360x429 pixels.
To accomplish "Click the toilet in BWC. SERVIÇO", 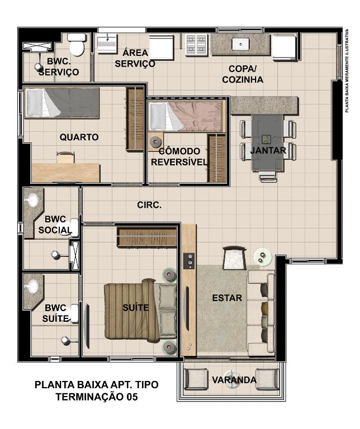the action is click(77, 44).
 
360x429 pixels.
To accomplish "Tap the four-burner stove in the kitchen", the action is click(196, 45).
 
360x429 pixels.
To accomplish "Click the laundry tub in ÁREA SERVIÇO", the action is click(107, 42).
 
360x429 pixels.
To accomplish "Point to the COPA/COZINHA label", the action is click(243, 74).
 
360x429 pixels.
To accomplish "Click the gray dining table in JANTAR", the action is click(267, 142).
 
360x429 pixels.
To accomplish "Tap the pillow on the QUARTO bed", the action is click(35, 103).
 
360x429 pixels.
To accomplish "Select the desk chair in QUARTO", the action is click(65, 158).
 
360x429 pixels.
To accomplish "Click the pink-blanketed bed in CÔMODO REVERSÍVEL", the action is click(186, 116).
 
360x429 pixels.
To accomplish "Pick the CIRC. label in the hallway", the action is click(149, 205).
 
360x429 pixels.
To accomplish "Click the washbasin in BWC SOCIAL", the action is click(32, 200).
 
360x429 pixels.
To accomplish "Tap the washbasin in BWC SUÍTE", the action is click(32, 286).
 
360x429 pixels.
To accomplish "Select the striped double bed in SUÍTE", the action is click(140, 311).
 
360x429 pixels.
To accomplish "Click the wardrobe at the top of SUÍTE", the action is click(146, 237).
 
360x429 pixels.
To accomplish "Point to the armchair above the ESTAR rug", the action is click(235, 258).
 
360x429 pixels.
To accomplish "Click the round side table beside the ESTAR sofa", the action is click(263, 257).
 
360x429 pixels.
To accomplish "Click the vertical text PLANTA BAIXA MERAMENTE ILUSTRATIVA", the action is click(347, 70).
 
